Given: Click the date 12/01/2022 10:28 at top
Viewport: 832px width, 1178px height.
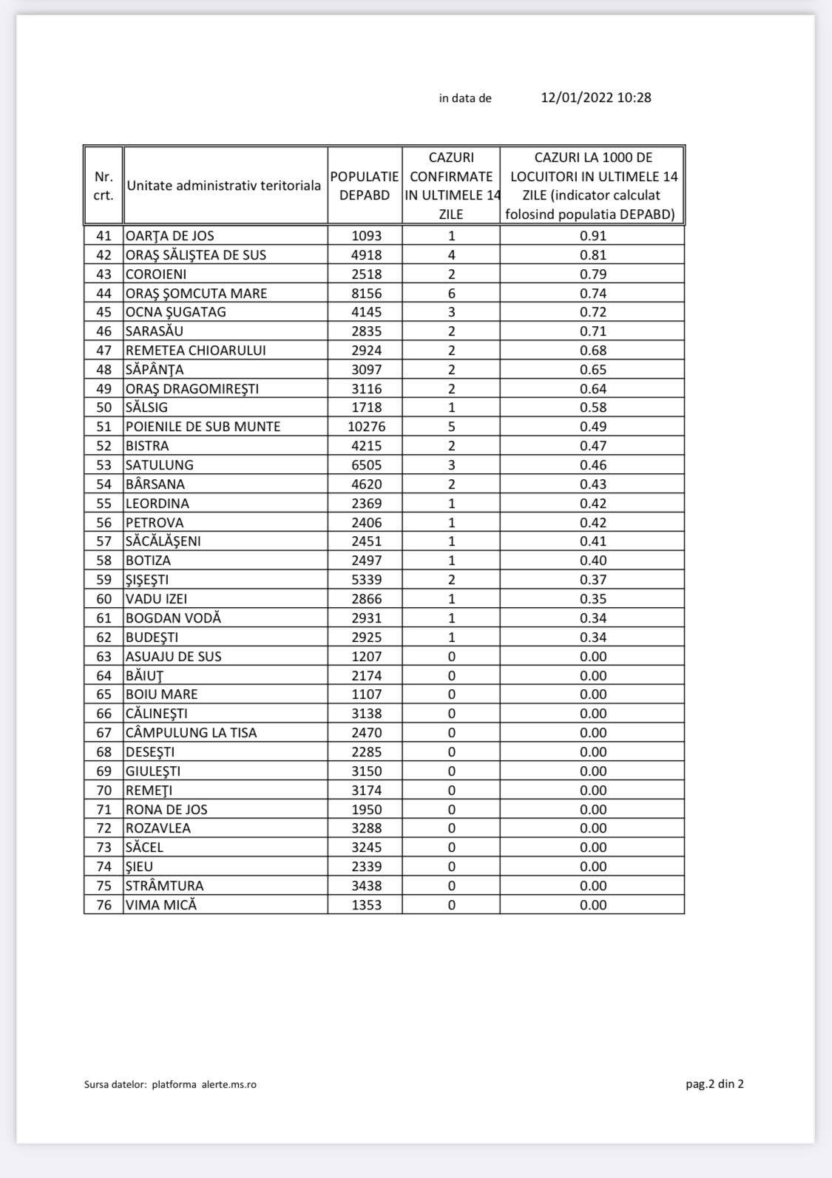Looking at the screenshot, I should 595,98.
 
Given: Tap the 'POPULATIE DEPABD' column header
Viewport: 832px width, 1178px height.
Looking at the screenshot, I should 365,186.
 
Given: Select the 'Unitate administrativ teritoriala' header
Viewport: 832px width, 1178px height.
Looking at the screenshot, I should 224,186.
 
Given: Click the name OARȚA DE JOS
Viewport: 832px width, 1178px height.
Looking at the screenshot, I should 170,236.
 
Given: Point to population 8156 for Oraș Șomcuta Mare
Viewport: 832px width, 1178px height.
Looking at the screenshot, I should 366,294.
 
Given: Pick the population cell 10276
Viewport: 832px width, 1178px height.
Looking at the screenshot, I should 366,427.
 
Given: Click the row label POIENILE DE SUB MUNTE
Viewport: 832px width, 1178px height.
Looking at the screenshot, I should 203,427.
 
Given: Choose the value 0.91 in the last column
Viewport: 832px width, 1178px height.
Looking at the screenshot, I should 592,236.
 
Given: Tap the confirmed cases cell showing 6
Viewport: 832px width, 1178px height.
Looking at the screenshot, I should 451,294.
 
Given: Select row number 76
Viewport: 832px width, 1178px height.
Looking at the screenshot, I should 104,905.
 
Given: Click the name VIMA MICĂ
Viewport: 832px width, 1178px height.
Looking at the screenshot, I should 161,905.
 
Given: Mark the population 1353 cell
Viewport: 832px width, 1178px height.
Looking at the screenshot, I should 366,905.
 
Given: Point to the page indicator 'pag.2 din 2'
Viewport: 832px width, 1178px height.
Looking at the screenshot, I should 714,1084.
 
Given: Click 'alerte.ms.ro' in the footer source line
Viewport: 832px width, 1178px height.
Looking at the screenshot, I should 229,1085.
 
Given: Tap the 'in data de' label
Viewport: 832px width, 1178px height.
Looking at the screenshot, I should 464,98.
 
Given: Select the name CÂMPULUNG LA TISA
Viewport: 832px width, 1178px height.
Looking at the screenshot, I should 191,733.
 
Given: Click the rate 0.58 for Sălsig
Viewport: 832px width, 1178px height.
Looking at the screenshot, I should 592,407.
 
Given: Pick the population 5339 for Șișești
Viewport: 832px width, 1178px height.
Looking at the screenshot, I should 366,580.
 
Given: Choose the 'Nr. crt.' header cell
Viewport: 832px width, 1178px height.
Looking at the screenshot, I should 104,186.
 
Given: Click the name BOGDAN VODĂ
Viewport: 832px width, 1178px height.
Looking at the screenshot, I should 173,618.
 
